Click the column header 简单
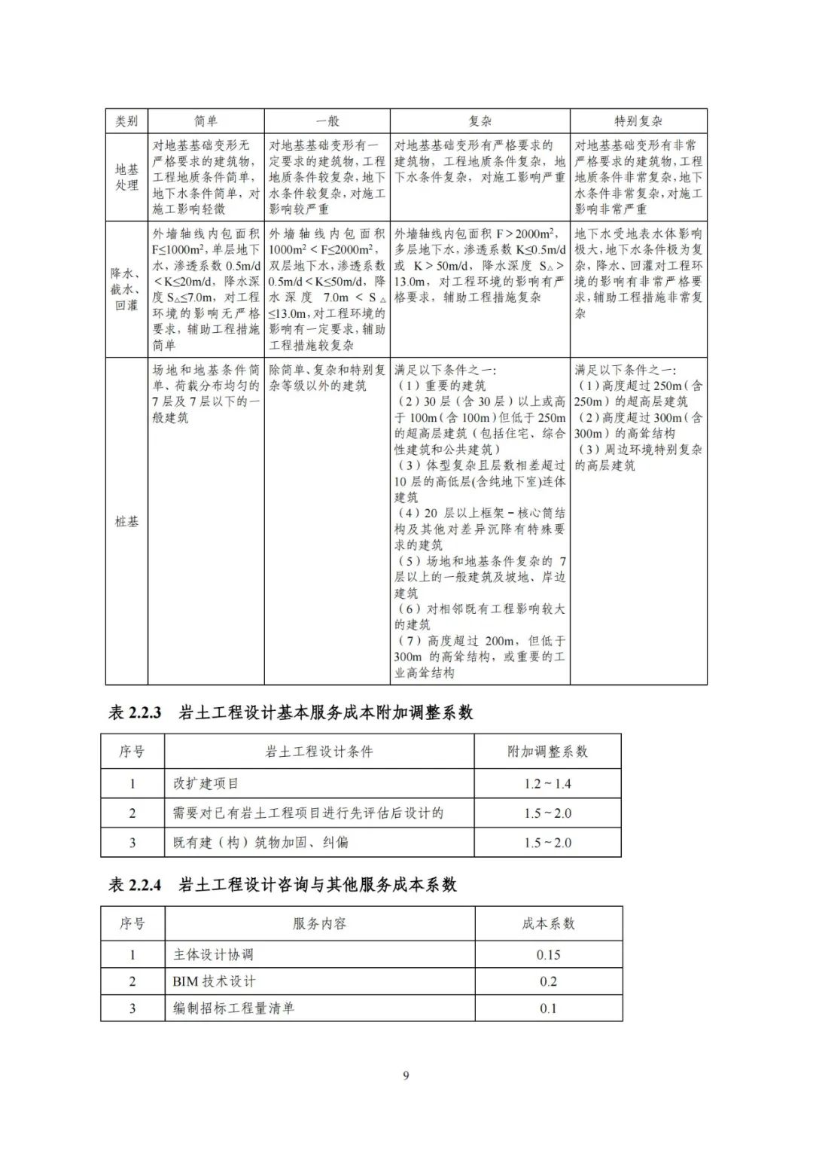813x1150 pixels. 206,121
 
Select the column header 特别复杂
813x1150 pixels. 638,121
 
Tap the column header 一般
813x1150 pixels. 327,121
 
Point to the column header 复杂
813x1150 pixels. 480,121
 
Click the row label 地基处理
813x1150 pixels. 126,178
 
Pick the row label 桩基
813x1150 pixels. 126,521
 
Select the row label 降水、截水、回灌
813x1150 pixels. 126,289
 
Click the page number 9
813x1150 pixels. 406,1075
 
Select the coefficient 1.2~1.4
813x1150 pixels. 547,784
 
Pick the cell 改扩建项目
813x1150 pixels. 206,784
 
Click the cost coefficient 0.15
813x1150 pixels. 548,955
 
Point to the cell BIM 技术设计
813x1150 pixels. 214,981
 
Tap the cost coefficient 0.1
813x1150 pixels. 548,1008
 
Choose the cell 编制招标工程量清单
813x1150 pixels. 233,1008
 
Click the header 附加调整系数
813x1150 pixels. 547,752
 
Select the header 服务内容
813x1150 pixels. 319,924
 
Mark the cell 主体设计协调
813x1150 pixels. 213,955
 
